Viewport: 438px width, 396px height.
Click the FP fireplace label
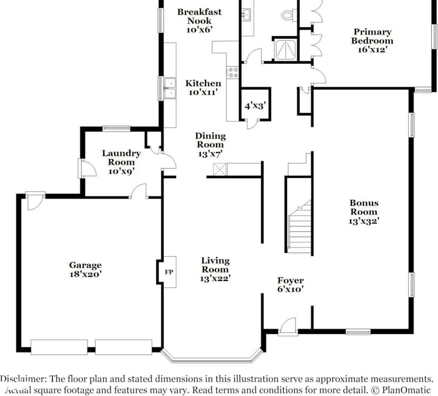tap(169, 272)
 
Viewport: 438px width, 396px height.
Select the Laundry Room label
tap(121, 158)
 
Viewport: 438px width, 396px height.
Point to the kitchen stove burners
tap(233, 72)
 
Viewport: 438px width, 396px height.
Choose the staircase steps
tap(300, 226)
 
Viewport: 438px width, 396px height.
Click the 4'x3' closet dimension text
tap(255, 106)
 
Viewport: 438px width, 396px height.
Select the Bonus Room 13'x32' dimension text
tap(364, 221)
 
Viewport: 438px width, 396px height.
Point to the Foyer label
tap(290, 280)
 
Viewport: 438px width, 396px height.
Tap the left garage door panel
tap(59, 347)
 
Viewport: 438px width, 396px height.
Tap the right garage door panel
tap(123, 347)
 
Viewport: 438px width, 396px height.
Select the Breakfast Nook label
tap(200, 16)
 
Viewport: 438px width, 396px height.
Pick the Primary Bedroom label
tap(372, 36)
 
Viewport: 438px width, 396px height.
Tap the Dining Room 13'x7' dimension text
tap(210, 154)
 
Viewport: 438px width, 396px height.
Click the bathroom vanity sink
tap(247, 14)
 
